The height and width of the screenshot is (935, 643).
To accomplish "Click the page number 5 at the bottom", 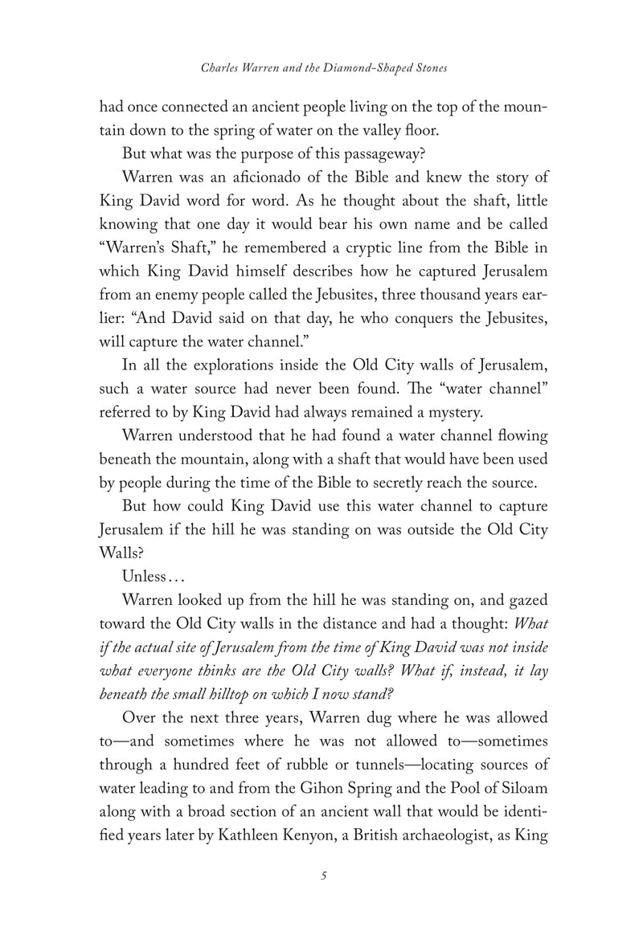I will click(x=321, y=875).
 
